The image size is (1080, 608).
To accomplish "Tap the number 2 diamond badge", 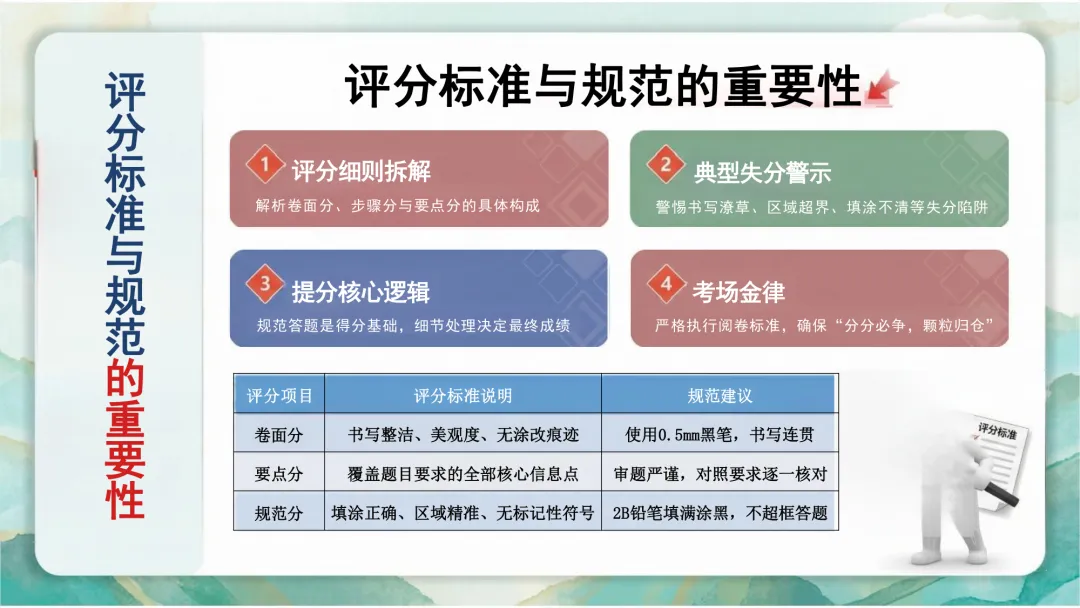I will [x=664, y=164].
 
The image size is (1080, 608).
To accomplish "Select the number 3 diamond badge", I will [x=264, y=284].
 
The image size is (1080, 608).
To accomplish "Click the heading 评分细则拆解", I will [x=361, y=171].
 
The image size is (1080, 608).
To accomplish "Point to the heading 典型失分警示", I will [x=762, y=171].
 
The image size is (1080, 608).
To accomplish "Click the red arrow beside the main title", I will [x=882, y=88].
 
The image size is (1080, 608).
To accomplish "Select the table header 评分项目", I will [x=279, y=395].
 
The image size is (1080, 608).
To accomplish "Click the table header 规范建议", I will [x=719, y=395].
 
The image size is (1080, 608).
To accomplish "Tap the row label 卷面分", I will [x=279, y=435].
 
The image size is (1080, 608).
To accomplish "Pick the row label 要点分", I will [x=279, y=474].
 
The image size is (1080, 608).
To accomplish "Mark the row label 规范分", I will [x=279, y=513].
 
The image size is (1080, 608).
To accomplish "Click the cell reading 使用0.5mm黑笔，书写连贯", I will [x=719, y=435].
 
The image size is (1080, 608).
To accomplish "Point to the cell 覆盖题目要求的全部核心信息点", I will [x=463, y=474].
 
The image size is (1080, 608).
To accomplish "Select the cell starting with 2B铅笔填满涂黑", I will [x=719, y=513].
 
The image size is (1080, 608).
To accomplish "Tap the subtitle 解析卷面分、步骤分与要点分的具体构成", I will [x=398, y=206].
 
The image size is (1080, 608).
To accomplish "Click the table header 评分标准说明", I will [x=463, y=395].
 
